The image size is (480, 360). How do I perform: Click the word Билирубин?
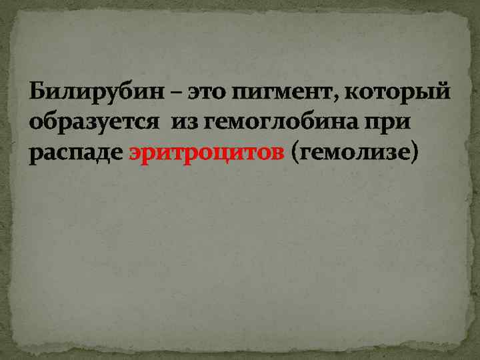[x=90, y=91]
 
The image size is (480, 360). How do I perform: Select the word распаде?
[x=75, y=154]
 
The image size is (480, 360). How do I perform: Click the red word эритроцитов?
[x=206, y=154]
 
